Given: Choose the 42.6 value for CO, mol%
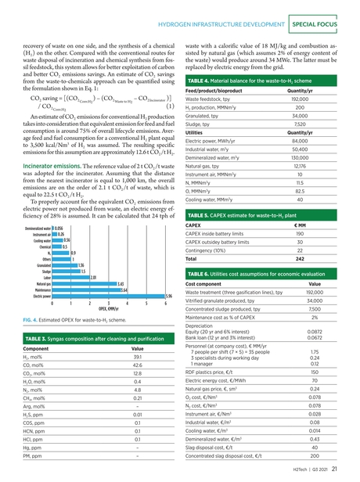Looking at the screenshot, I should (x=137, y=365).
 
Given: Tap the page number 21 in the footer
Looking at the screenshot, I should (x=334, y=469).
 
